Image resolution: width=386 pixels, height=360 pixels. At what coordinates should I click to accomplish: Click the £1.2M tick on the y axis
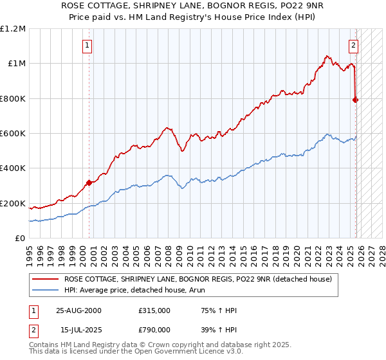point(13,28)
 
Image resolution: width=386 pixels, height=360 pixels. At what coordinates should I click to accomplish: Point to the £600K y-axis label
point(13,134)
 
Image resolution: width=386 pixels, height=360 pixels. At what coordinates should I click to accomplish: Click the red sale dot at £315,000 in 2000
point(89,183)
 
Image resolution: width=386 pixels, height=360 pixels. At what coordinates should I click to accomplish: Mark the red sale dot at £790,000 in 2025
point(356,100)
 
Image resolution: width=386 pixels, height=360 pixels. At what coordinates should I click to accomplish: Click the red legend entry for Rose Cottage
point(198,279)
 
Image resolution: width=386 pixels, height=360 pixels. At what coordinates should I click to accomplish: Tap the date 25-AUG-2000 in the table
point(78,310)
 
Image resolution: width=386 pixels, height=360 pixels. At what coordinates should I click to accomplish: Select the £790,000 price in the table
point(154,330)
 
